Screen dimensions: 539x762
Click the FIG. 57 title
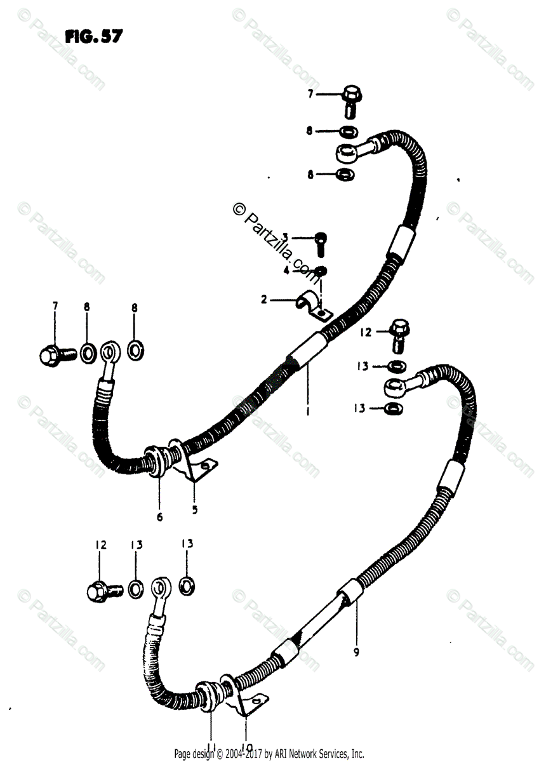coord(93,36)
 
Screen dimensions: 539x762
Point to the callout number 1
coord(307,412)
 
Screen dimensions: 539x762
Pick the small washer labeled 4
coord(321,271)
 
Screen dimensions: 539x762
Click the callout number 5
coord(195,508)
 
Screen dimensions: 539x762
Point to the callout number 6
coord(159,517)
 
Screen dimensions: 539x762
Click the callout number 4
coord(286,269)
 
